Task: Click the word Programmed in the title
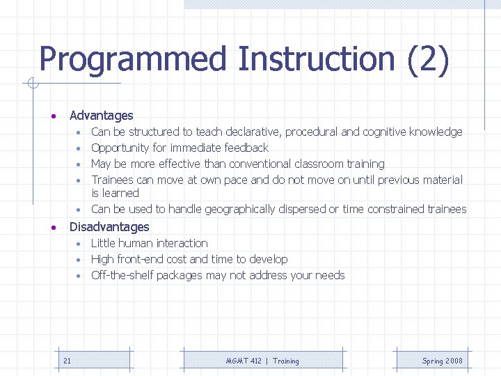pos(132,60)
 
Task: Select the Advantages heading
pos(101,116)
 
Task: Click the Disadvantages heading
pos(109,227)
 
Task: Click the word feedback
pos(246,148)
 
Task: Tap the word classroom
pos(321,164)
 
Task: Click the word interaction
pos(182,243)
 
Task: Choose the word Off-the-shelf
pos(122,275)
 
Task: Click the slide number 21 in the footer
pos(67,361)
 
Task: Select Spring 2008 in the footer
pos(442,361)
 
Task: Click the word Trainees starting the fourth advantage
pos(112,180)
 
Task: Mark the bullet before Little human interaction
pos(80,244)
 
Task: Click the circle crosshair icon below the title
pos(32,84)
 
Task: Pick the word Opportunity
pos(120,148)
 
